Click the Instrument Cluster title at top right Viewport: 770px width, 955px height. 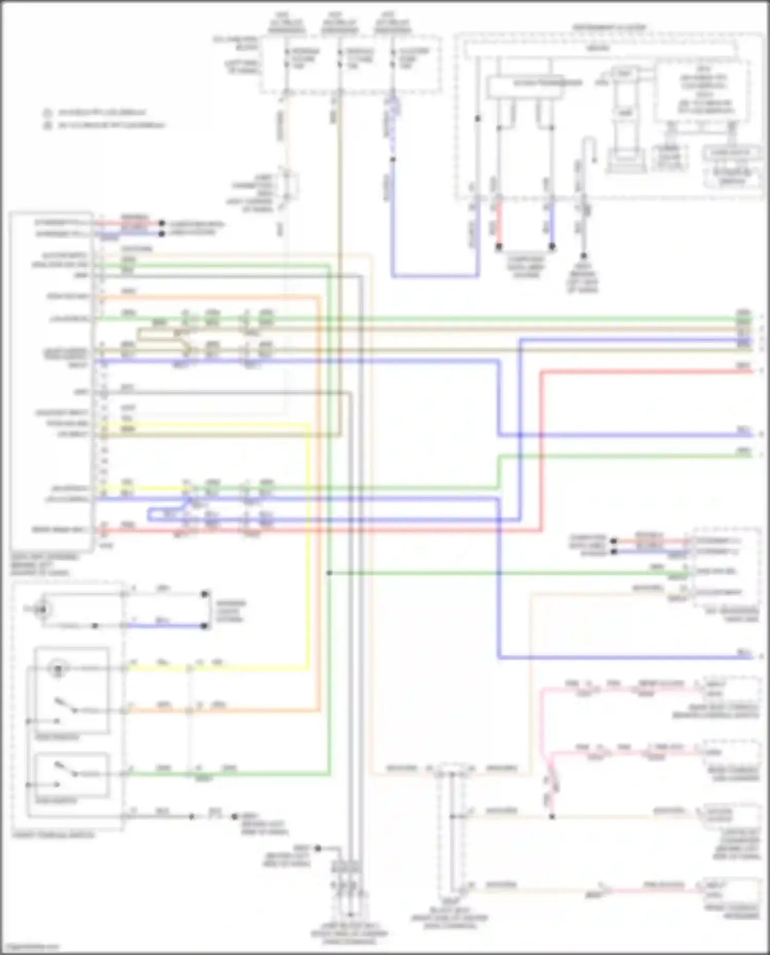pyautogui.click(x=609, y=27)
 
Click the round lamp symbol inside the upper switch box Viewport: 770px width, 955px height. pyautogui.click(x=58, y=668)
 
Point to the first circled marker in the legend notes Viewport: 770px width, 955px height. pyautogui.click(x=47, y=112)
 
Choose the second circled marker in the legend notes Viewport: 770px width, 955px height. pyautogui.click(x=47, y=125)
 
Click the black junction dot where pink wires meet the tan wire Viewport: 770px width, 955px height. pyautogui.click(x=552, y=816)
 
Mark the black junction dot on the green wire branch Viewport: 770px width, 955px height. pyautogui.click(x=329, y=573)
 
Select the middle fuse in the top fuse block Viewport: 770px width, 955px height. pyautogui.click(x=340, y=58)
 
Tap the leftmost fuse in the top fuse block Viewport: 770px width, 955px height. pyautogui.click(x=286, y=58)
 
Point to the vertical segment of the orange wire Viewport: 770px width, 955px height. pyautogui.click(x=319, y=503)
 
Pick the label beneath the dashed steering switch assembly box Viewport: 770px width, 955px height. pyautogui.click(x=53, y=835)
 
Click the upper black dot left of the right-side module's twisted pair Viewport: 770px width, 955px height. pyautogui.click(x=613, y=541)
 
